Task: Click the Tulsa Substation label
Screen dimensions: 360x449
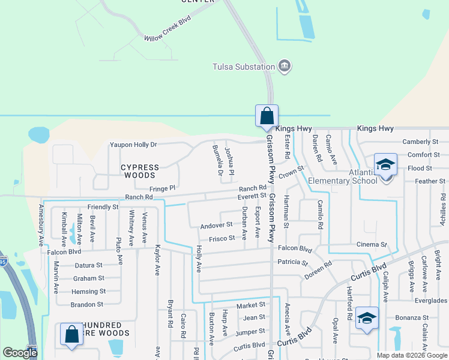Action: click(244, 66)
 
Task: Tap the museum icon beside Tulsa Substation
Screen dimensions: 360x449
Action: click(285, 66)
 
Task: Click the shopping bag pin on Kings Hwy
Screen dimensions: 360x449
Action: click(267, 115)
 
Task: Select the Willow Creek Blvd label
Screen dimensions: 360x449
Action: click(167, 29)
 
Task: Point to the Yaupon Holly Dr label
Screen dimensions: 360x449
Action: click(133, 145)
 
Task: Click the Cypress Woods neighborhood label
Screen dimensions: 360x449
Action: click(140, 172)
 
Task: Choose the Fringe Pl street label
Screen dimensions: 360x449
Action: click(162, 188)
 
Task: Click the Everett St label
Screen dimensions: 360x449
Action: click(252, 196)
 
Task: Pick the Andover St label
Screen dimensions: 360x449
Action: click(216, 225)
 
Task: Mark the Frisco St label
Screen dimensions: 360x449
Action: click(221, 239)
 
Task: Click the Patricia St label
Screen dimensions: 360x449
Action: click(292, 263)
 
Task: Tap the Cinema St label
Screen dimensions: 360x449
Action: click(372, 245)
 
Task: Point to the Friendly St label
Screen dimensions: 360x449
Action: click(103, 207)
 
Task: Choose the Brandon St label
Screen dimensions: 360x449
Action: click(87, 305)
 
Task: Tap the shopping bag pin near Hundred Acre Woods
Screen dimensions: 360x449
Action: click(71, 335)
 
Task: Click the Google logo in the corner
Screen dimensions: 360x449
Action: click(20, 353)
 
